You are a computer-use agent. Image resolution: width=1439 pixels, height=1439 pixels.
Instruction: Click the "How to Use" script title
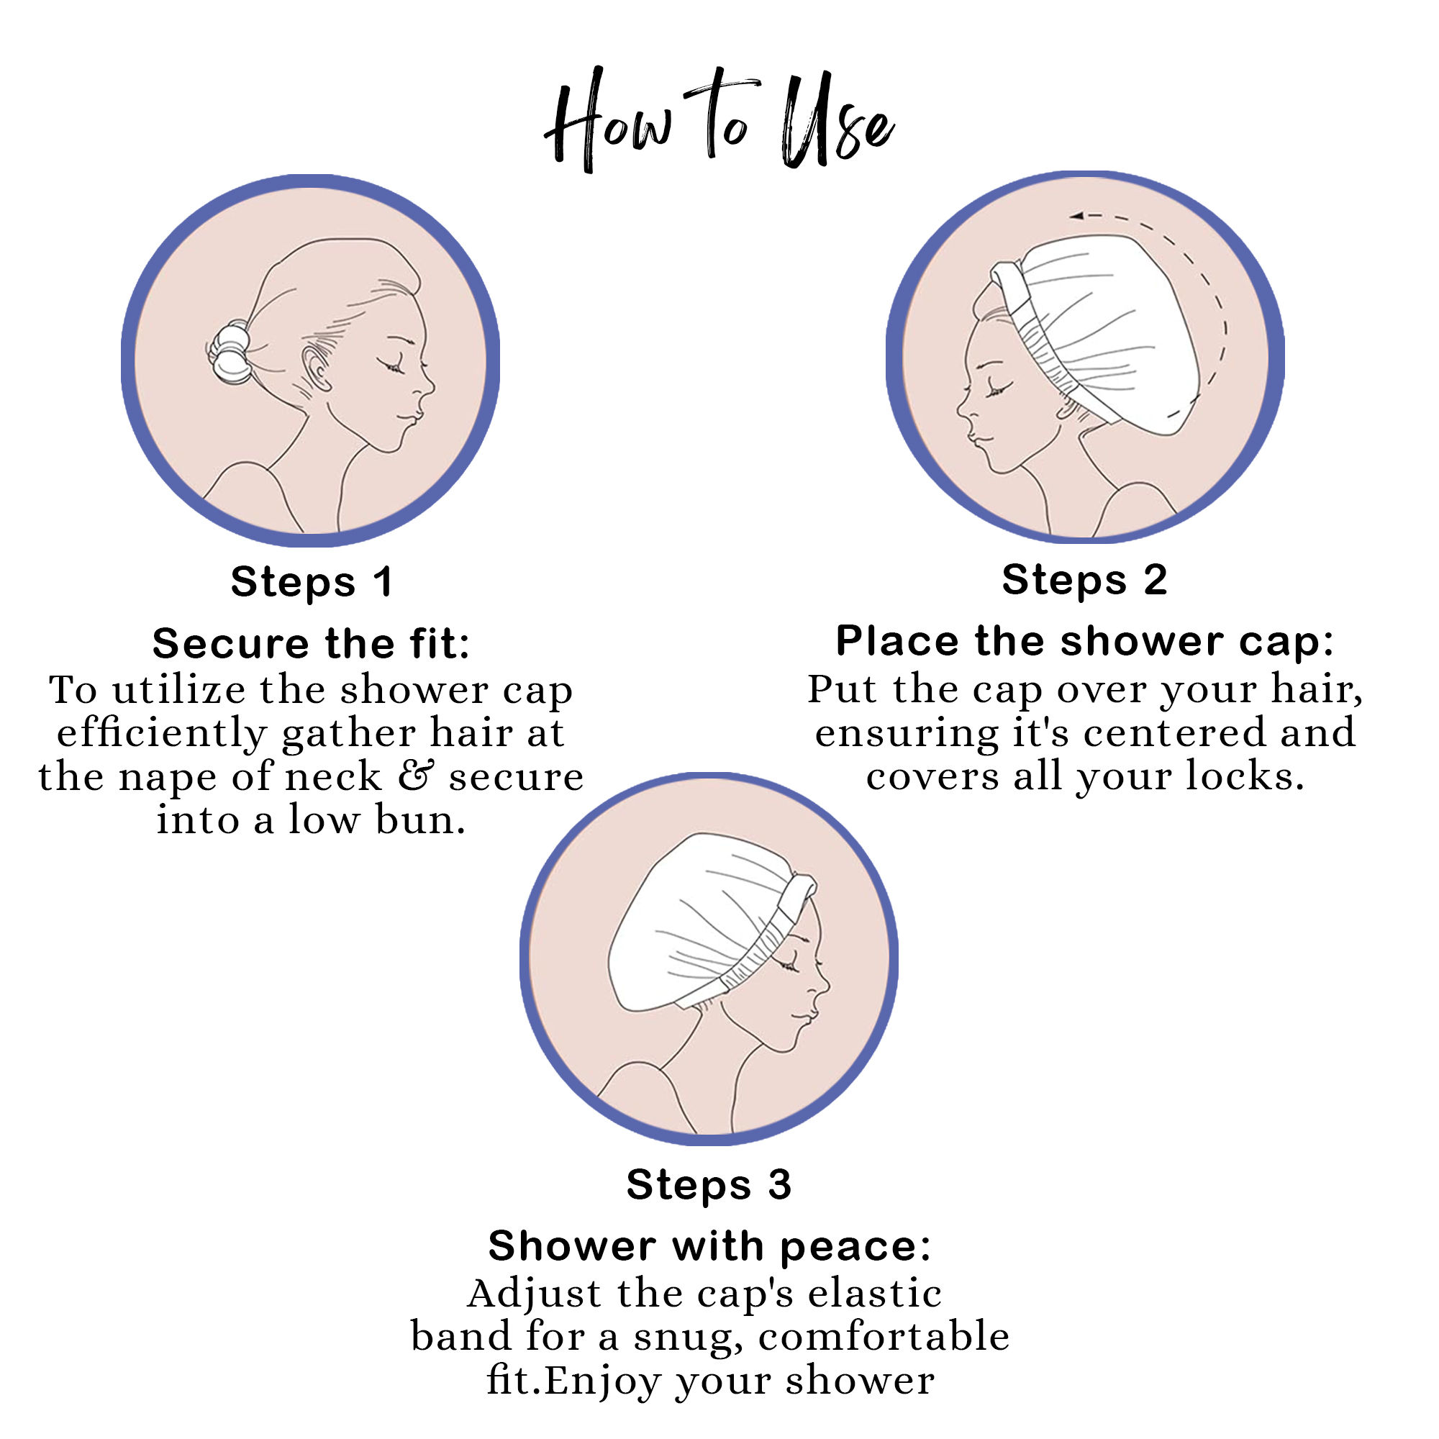click(x=719, y=119)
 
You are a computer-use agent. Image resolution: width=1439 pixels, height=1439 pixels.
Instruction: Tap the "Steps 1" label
click(x=312, y=583)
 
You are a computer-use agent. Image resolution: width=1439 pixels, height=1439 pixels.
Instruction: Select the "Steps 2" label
click(x=1084, y=580)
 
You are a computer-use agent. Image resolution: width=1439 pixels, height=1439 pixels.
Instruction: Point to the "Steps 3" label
click(x=708, y=1184)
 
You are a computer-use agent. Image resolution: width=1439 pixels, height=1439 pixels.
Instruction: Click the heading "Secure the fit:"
click(x=312, y=643)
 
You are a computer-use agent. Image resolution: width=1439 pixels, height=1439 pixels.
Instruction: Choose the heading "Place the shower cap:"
click(x=1084, y=641)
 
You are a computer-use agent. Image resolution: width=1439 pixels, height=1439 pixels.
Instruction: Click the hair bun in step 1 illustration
click(x=230, y=352)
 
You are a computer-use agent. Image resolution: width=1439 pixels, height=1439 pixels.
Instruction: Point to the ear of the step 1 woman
click(x=317, y=368)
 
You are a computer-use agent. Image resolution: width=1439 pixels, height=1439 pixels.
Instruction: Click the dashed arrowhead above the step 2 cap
click(x=1076, y=216)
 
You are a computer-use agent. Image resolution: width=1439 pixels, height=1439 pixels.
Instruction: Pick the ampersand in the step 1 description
click(x=415, y=776)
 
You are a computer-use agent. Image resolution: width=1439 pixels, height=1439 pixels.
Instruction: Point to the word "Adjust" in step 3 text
click(x=534, y=1294)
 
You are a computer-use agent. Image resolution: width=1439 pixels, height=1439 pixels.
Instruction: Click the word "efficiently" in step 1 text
click(x=162, y=734)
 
